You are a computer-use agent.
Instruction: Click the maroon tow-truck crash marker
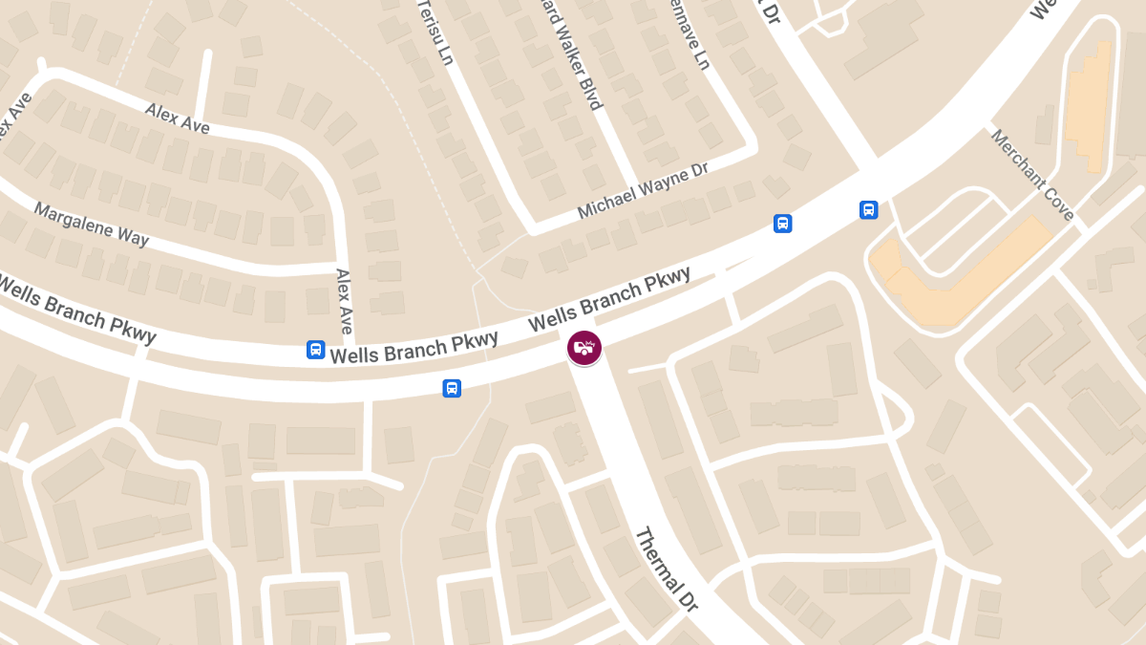(584, 348)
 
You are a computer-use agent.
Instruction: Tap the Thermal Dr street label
(667, 570)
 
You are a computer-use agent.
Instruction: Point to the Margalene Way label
(92, 224)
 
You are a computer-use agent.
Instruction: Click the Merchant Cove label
(1032, 174)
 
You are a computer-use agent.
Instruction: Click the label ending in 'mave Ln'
(690, 35)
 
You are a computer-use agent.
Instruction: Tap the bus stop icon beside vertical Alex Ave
(315, 350)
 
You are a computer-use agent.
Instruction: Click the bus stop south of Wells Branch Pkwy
(452, 388)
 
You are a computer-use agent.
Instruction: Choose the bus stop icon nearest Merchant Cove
(868, 210)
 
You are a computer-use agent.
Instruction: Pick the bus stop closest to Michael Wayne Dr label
(782, 224)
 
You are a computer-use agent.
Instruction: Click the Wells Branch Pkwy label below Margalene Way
(76, 309)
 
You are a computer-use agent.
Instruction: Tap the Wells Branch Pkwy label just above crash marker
(609, 300)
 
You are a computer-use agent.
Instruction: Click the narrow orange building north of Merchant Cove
(1090, 105)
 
